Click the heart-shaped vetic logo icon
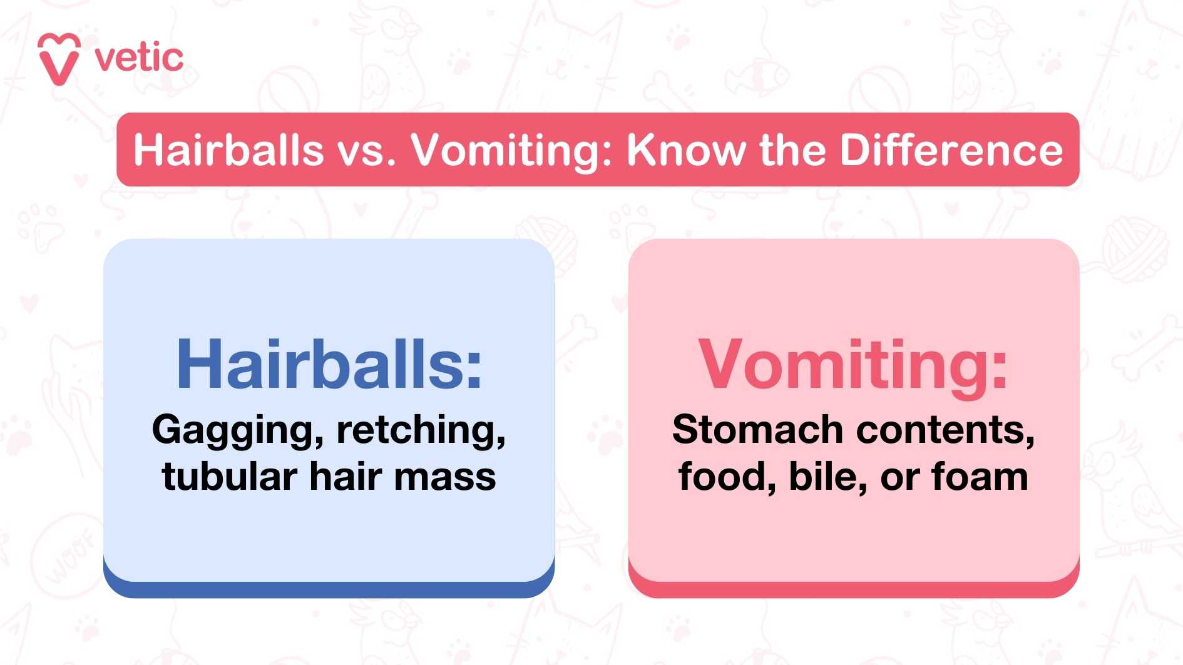(59, 59)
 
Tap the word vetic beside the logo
(139, 59)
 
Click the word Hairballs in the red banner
(228, 150)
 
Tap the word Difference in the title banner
(951, 150)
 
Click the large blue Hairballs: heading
(329, 365)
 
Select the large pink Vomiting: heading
(853, 365)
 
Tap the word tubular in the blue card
(229, 477)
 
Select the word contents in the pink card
(945, 431)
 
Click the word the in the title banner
(792, 150)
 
